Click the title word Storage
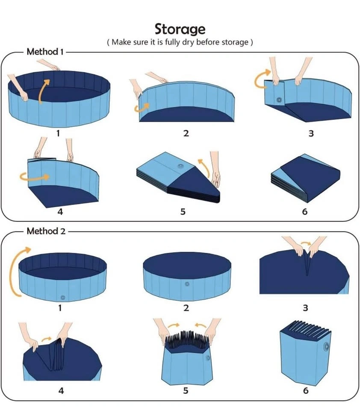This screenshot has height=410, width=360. pos(180,29)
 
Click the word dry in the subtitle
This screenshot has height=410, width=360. pos(188,42)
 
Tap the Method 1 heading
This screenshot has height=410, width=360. pos(45,52)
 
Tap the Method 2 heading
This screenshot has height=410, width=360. pos(46,231)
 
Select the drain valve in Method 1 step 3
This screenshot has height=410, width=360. pos(279,100)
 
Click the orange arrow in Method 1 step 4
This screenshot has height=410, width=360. pos(34,176)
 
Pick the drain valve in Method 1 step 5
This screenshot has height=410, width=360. pos(180,166)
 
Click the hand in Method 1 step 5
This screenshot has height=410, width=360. pos(215,170)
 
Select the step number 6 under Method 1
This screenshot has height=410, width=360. pos(305,211)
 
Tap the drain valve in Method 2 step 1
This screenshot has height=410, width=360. pos(62,297)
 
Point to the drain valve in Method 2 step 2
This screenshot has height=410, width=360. pos(187,284)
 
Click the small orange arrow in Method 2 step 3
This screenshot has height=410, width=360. pos(306,243)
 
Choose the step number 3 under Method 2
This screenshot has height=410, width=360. pos(305,308)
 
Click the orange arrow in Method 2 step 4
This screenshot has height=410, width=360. pos(47,340)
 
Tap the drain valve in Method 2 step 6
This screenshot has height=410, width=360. pos(326,347)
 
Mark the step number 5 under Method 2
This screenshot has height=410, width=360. pos(186,391)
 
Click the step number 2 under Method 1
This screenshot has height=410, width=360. pos(186,133)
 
